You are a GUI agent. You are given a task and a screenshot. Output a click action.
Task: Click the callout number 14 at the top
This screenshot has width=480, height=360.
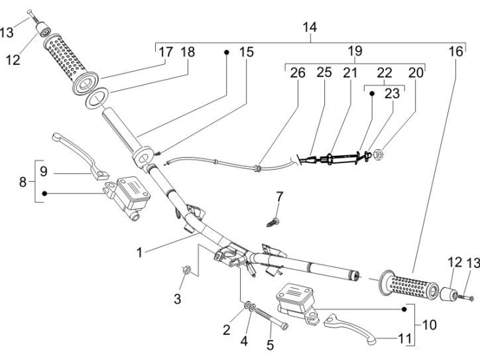click(309, 28)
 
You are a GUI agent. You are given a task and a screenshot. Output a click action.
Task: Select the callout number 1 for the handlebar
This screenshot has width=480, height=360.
click(139, 253)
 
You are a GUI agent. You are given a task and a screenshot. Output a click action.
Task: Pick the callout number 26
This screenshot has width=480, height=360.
click(298, 73)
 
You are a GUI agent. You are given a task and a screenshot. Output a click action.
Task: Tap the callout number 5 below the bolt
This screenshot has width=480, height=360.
click(270, 345)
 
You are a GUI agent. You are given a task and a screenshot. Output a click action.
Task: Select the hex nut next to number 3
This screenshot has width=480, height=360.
click(186, 270)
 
